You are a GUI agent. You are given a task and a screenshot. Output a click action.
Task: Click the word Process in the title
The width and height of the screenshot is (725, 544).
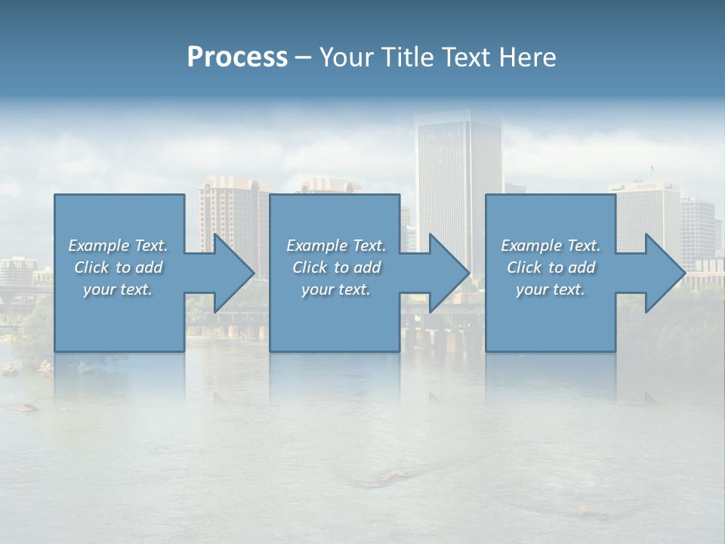click(x=237, y=57)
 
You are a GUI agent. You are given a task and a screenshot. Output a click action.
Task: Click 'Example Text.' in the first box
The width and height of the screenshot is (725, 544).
click(x=118, y=246)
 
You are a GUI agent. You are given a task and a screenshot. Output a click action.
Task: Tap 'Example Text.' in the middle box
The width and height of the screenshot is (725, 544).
click(x=336, y=246)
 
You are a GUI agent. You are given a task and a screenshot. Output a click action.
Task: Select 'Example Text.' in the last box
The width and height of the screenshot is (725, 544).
click(x=551, y=246)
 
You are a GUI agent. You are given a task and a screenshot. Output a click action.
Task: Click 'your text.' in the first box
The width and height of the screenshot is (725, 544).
click(x=118, y=289)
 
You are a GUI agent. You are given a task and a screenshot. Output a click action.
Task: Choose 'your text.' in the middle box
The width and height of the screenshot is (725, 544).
click(x=336, y=289)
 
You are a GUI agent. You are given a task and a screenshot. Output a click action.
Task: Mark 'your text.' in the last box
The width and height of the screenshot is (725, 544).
click(x=551, y=289)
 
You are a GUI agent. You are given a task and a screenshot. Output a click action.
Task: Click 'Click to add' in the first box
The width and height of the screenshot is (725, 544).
click(x=118, y=267)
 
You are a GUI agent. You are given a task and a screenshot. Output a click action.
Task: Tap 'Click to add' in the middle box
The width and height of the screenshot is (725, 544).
click(x=336, y=267)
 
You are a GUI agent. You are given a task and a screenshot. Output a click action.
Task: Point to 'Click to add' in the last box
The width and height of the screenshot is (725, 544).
click(x=551, y=267)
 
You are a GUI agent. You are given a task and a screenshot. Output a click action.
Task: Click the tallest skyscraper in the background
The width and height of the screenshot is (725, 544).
click(x=458, y=166)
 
